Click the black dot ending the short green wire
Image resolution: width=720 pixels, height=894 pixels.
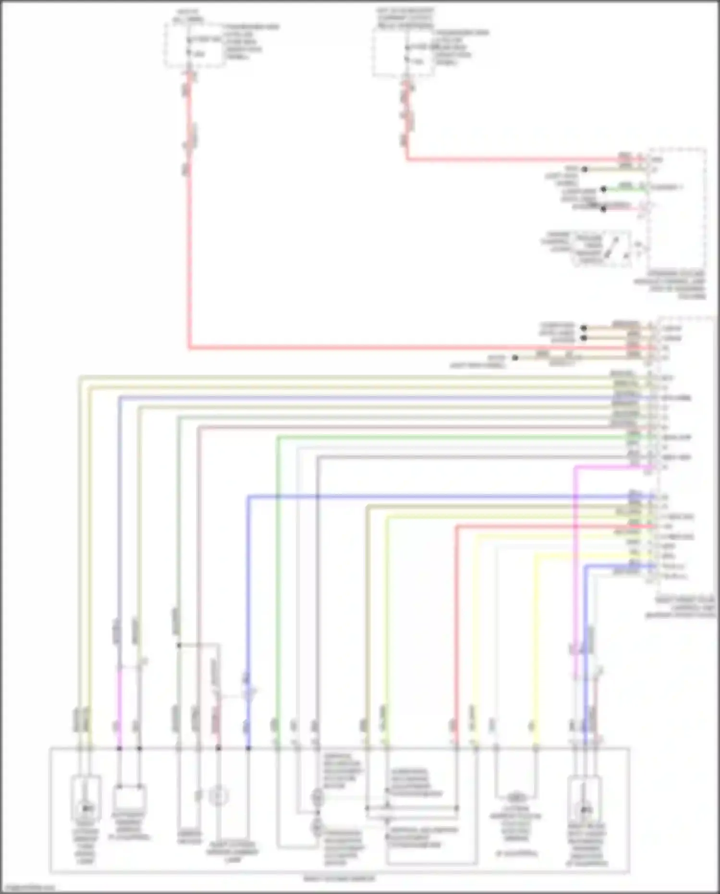point(604,189)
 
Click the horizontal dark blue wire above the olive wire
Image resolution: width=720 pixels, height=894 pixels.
point(432,496)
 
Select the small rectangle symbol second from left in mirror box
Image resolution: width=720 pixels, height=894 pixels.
point(129,797)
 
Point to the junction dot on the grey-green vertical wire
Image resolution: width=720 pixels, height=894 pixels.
point(178,645)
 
